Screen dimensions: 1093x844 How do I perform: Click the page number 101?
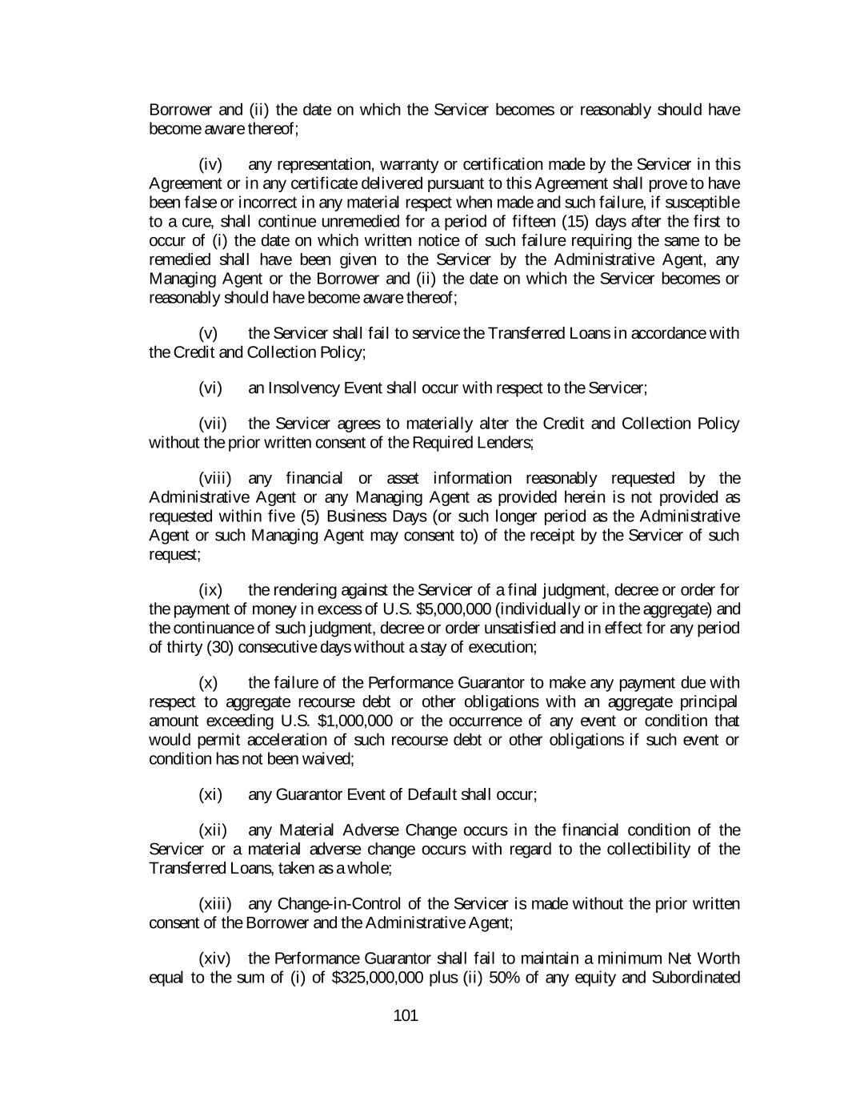tap(406, 1016)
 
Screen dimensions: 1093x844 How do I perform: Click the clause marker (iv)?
tap(210, 164)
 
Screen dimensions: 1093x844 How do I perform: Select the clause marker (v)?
tap(208, 333)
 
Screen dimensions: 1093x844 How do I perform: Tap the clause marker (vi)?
tap(210, 388)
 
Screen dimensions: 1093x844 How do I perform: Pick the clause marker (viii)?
tap(215, 479)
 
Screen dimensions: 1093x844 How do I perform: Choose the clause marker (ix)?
tap(210, 591)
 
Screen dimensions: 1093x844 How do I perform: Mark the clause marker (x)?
tap(208, 683)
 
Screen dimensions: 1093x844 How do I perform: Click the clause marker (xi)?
tap(210, 794)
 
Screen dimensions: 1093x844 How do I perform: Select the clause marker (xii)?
tap(213, 830)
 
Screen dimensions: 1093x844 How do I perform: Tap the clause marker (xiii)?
tap(215, 904)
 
